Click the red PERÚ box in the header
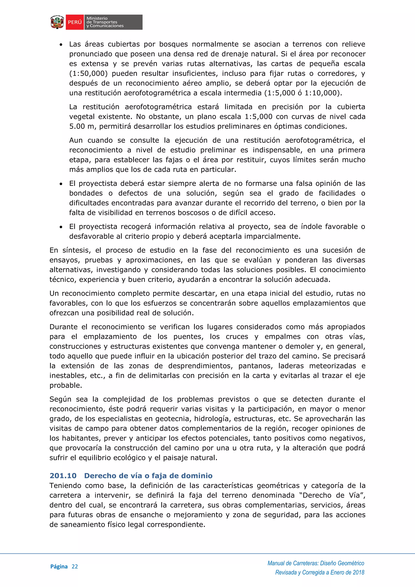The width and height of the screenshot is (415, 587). point(75,22)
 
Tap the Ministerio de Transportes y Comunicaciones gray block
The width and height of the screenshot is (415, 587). point(113,22)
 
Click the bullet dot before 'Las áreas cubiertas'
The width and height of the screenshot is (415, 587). point(61,45)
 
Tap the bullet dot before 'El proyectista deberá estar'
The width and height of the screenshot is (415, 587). point(61,184)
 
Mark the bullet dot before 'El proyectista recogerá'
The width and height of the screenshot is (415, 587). point(61,227)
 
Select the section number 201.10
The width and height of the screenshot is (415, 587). point(63,476)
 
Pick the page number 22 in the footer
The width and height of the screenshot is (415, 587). point(75,567)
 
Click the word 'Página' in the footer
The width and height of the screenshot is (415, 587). point(59,567)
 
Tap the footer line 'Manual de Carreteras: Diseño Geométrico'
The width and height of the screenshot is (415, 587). point(316,563)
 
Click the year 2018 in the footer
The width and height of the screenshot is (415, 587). point(358,572)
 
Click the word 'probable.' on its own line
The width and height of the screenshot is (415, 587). point(66,386)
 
